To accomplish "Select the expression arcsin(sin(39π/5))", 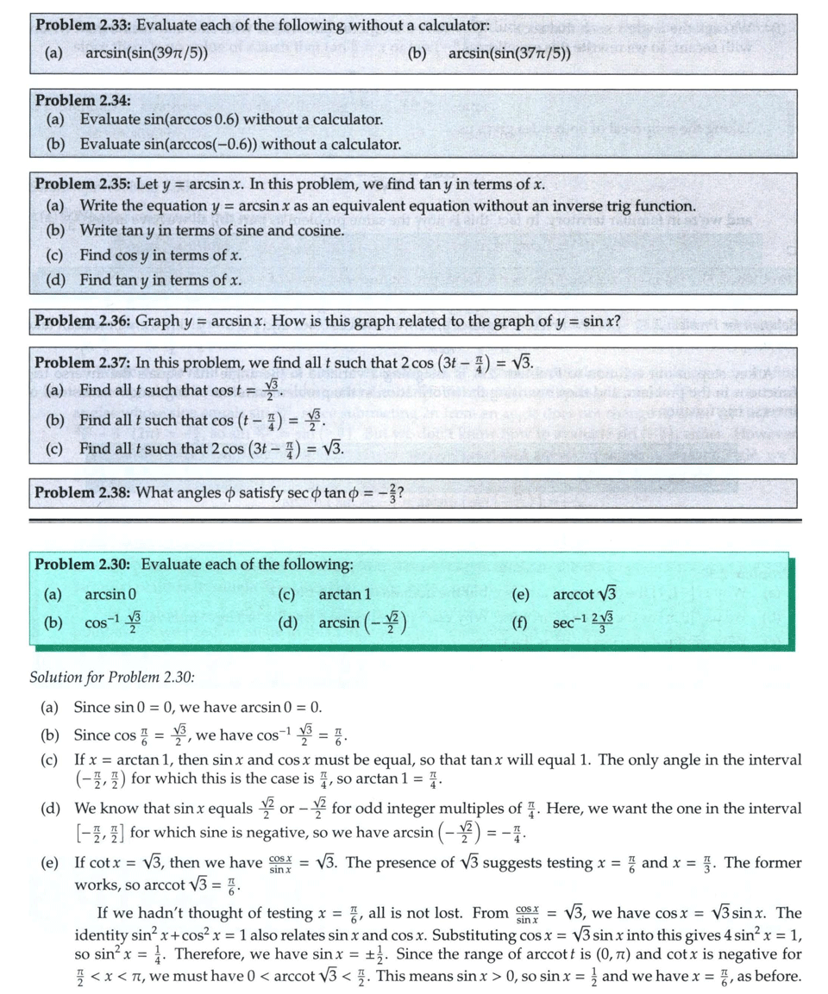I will point(147,53).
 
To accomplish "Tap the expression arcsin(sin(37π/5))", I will point(510,53).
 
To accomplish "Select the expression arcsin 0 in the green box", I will point(110,594).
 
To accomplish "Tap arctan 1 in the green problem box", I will point(344,594).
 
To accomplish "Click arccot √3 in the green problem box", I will point(585,594).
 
